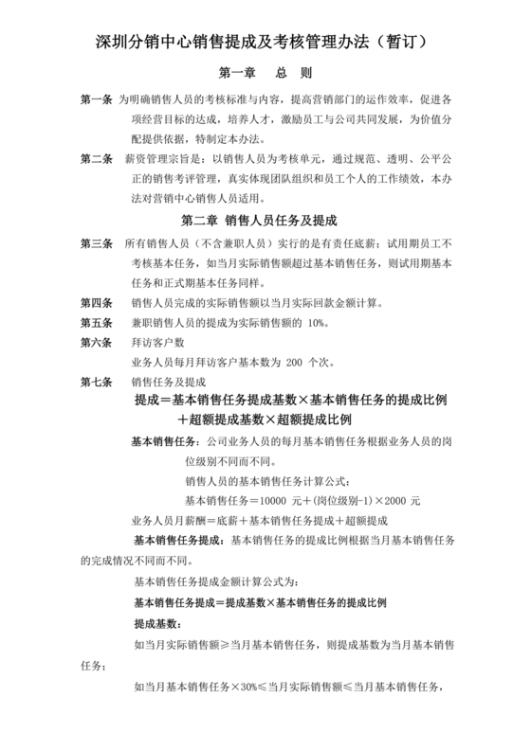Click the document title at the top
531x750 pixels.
click(265, 43)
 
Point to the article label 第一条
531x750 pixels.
click(97, 99)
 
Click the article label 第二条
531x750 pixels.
click(97, 158)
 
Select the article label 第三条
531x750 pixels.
click(97, 244)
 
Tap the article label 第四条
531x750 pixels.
click(97, 303)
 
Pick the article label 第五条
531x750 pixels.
click(97, 323)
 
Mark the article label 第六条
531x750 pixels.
click(97, 343)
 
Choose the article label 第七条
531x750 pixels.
click(97, 382)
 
